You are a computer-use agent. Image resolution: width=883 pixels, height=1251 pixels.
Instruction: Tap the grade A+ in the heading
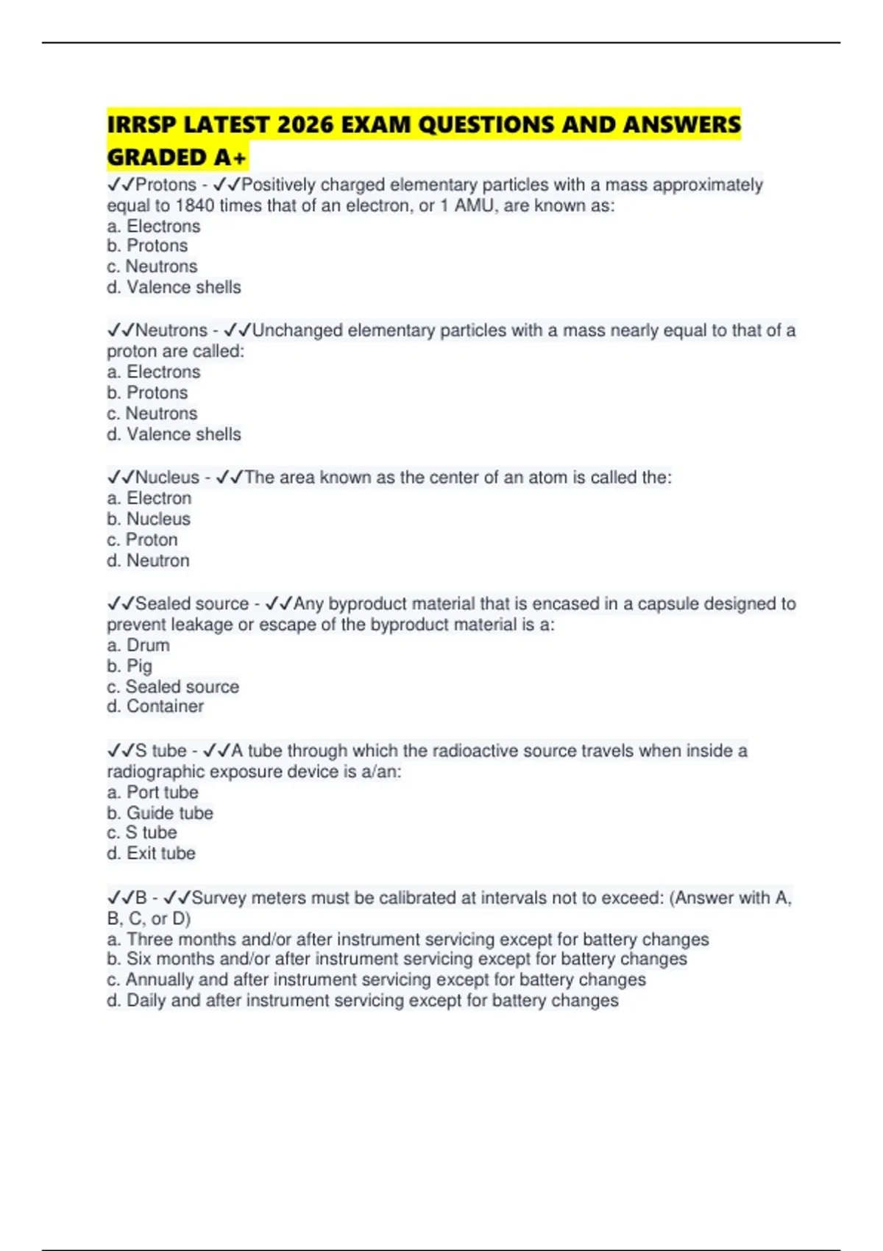point(230,157)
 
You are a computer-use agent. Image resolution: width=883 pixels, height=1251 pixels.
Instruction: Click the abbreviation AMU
point(475,205)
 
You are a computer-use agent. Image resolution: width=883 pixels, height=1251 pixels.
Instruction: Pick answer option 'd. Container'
point(155,706)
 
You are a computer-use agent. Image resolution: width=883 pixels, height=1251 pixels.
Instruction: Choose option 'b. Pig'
point(130,666)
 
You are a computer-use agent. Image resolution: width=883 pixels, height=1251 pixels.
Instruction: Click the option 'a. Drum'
point(138,645)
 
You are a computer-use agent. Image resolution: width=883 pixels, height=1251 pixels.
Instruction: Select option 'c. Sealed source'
point(173,687)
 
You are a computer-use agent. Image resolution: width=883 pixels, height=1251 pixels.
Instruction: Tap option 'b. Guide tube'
point(160,813)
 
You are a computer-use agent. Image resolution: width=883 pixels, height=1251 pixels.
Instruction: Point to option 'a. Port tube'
point(153,793)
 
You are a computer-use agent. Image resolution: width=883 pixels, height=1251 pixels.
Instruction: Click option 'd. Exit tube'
point(152,854)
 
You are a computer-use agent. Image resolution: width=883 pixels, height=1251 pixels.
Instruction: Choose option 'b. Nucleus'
point(149,519)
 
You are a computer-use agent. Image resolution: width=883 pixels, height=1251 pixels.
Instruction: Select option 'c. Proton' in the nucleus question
point(143,539)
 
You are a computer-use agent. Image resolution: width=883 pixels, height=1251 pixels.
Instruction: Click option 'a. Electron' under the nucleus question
point(149,498)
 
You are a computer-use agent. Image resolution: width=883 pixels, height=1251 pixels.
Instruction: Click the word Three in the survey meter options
point(150,940)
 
